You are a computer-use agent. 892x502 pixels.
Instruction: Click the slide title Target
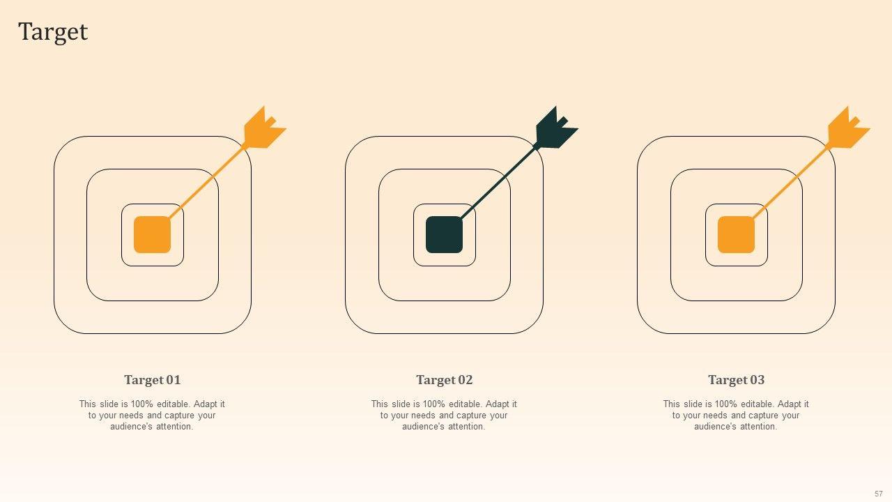pos(53,32)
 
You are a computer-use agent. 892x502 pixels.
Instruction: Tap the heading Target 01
pos(153,380)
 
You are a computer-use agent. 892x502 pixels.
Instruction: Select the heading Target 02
pos(445,380)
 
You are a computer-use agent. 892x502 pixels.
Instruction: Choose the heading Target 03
pos(737,380)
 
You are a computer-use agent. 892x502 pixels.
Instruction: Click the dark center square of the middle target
pos(445,235)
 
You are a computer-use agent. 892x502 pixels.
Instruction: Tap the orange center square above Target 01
pos(152,235)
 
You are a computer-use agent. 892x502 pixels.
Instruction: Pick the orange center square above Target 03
pos(737,235)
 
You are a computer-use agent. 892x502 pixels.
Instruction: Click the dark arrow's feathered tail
pos(556,128)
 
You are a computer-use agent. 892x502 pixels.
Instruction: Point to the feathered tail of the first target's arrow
pos(264,128)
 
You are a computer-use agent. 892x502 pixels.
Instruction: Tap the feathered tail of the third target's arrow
pos(848,128)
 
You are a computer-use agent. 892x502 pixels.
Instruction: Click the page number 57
pos(879,494)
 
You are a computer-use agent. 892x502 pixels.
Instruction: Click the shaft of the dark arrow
pos(498,183)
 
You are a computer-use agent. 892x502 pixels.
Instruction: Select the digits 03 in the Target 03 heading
pos(758,380)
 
